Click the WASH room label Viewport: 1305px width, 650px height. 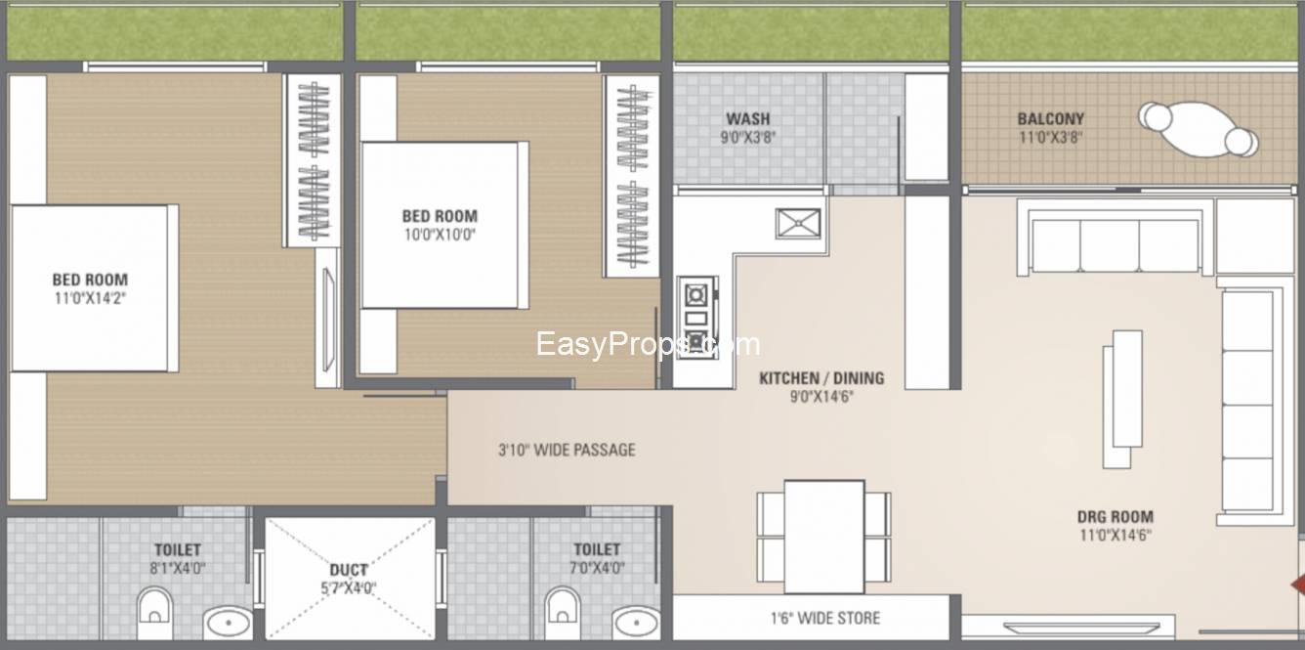pos(748,119)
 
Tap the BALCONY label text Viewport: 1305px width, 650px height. pos(1050,119)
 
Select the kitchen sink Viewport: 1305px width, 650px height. pos(798,224)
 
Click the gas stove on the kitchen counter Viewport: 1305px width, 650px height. pos(696,318)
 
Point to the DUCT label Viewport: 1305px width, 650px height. pos(349,570)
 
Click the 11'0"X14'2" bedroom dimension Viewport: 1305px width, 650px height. pos(90,298)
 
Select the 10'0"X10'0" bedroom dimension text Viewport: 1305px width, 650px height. pos(440,235)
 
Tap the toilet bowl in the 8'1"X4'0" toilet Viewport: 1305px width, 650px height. pos(154,612)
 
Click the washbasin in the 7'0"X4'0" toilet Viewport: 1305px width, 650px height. pos(636,623)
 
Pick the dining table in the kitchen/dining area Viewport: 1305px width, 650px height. pos(823,537)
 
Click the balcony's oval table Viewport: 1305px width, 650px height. pos(1198,129)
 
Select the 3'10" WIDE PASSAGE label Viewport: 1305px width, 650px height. pos(567,450)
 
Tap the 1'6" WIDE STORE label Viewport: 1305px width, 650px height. pos(825,618)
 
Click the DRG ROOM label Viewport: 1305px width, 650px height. pos(1116,517)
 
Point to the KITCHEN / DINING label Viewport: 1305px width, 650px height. pos(821,378)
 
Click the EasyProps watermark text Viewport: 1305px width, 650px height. pos(648,344)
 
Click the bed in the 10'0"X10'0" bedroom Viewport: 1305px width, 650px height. pos(445,225)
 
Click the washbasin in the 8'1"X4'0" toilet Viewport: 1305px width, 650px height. pos(228,623)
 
